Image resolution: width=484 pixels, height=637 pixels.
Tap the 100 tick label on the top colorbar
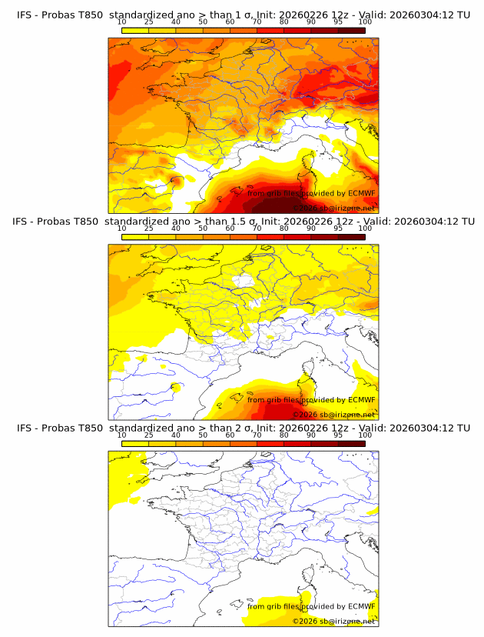coord(366,22)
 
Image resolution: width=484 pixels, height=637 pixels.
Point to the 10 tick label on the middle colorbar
coord(122,228)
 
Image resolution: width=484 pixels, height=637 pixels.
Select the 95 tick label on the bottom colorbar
coord(339,435)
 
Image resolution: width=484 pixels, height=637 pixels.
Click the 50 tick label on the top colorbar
coord(203,22)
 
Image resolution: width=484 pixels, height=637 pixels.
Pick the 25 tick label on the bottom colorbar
coord(149,435)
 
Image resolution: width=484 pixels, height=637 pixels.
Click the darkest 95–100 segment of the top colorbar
coord(352,30)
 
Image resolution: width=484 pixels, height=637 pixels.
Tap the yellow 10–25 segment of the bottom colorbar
coord(135,443)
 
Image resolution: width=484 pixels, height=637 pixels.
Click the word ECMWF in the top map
coord(361,193)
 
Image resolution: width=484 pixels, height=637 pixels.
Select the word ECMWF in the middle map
coord(361,399)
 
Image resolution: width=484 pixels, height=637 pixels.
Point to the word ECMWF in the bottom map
coord(361,606)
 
